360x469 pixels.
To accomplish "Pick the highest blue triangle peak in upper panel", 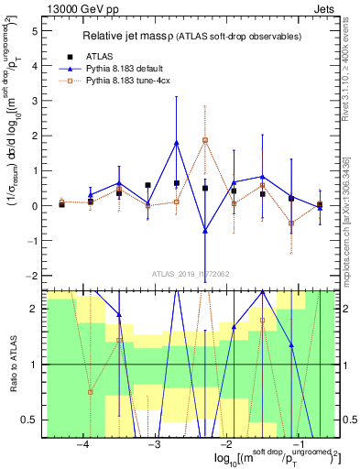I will pyautogui.click(x=177, y=142).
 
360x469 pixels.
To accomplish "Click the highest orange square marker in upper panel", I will pyautogui.click(x=205, y=140).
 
